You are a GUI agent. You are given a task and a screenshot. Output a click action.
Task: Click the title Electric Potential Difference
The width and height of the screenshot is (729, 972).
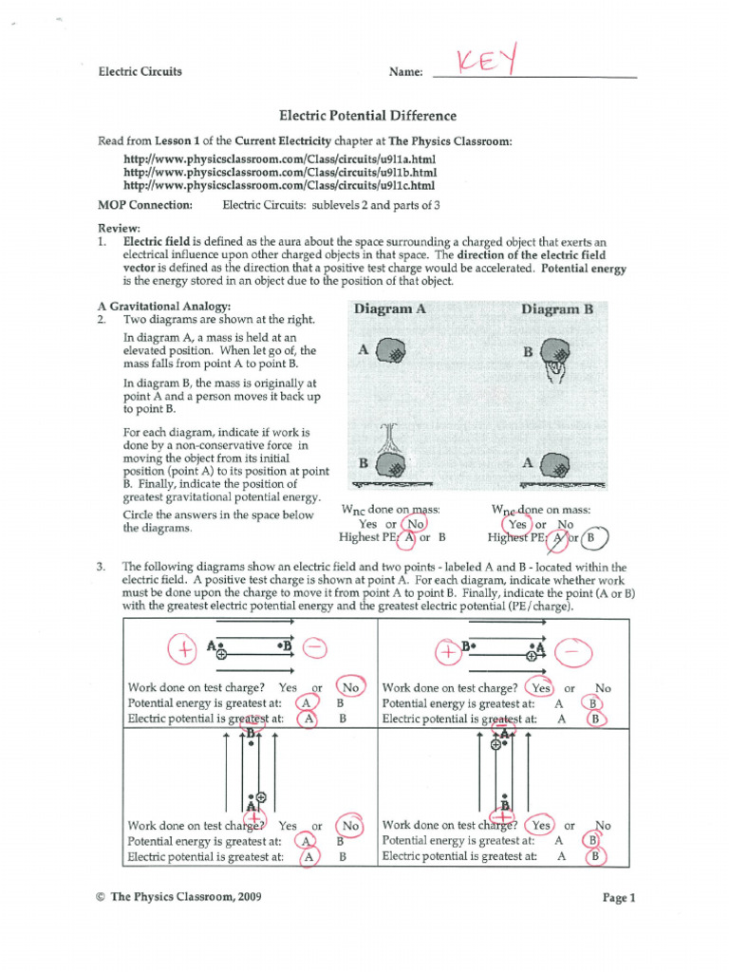click(367, 116)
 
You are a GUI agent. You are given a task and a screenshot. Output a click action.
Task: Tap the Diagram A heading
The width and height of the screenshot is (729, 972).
click(389, 309)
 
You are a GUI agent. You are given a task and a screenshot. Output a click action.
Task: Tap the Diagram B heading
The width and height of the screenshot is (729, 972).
click(556, 309)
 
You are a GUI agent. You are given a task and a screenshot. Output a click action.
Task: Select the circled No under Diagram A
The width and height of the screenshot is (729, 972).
click(414, 523)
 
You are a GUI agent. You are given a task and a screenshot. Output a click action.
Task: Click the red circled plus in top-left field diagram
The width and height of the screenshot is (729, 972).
click(180, 649)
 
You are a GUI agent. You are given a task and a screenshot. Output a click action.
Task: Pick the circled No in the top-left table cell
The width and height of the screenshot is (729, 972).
click(350, 687)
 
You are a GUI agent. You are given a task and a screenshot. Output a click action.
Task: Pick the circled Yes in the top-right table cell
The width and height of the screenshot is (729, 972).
click(541, 687)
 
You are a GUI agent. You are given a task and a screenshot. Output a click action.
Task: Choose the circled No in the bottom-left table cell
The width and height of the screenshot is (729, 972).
click(350, 826)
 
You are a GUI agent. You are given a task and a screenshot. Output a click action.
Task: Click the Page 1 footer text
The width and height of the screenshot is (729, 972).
click(618, 897)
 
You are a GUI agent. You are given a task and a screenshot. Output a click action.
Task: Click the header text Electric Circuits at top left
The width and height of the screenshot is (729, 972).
click(140, 71)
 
